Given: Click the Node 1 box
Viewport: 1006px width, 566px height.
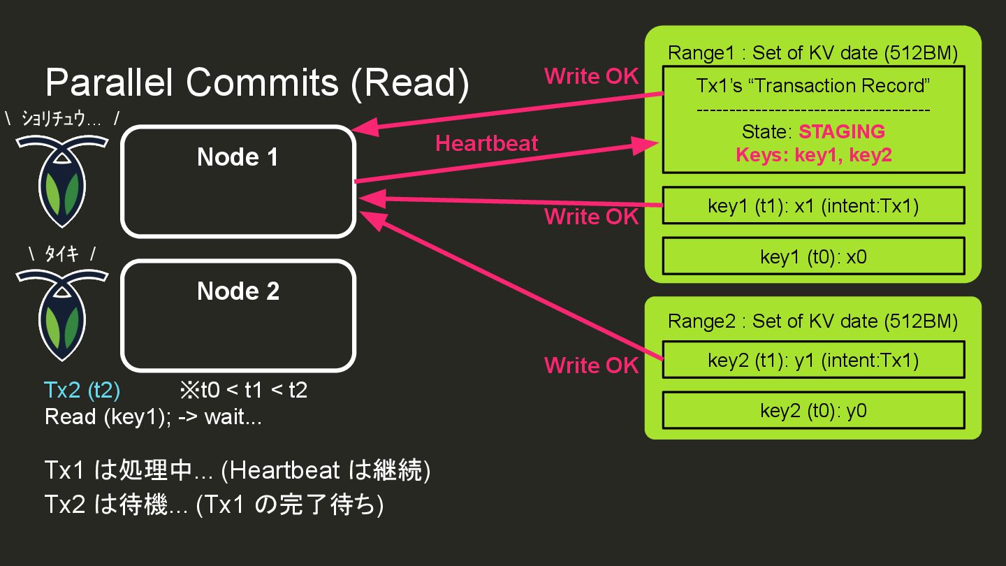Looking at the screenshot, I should [238, 182].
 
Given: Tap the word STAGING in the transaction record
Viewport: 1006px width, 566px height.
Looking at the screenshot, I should [842, 131].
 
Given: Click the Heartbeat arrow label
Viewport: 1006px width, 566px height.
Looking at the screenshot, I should [487, 143].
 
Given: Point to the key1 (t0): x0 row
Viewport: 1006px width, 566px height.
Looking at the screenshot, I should [813, 256].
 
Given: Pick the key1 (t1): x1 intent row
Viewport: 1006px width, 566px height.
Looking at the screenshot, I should [813, 205].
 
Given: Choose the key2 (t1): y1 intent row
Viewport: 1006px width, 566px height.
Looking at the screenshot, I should [813, 360].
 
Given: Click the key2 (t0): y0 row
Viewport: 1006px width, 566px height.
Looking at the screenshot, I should [813, 410].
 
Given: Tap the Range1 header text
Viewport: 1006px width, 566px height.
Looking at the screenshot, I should [812, 53].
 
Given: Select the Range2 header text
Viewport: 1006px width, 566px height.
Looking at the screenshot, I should [812, 321].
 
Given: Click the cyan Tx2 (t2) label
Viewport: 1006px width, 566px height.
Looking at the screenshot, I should [82, 389].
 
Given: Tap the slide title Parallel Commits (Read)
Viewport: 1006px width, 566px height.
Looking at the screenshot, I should [257, 83].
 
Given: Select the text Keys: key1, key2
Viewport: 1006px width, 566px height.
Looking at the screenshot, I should [814, 155].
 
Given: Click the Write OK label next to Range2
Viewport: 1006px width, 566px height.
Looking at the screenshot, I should [591, 365].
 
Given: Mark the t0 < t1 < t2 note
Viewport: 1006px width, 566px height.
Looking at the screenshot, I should [243, 389].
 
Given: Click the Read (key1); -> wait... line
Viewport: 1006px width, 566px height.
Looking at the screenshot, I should [153, 416].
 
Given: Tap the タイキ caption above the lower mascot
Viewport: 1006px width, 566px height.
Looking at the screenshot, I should [61, 254].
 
